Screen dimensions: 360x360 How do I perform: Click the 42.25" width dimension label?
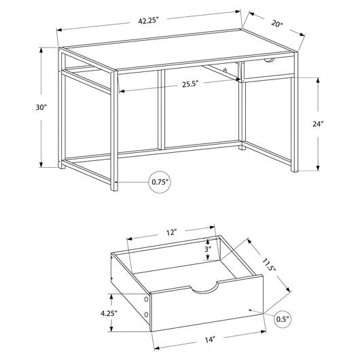point(149,21)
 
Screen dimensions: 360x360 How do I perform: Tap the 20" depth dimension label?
point(277,24)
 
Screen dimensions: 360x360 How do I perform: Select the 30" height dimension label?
point(41,107)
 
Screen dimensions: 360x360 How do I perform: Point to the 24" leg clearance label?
point(318,124)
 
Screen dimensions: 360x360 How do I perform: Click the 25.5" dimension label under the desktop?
point(190,84)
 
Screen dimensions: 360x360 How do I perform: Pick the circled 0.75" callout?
point(160,182)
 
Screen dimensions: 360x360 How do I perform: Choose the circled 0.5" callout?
point(283,319)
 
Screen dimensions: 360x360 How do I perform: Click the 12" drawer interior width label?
point(171,232)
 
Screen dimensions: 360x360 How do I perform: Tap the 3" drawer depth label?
point(208,249)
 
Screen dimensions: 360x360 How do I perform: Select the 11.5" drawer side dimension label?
point(269,265)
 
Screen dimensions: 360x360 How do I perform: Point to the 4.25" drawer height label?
point(109,313)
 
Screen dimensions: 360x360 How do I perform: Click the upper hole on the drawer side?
point(146,299)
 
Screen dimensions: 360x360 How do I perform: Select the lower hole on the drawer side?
point(146,314)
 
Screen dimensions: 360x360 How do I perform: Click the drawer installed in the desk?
point(268,68)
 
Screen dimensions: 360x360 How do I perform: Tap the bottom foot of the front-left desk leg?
point(114,186)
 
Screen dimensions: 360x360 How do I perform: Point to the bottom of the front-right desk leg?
point(294,168)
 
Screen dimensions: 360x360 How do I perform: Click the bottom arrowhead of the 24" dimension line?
point(318,168)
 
